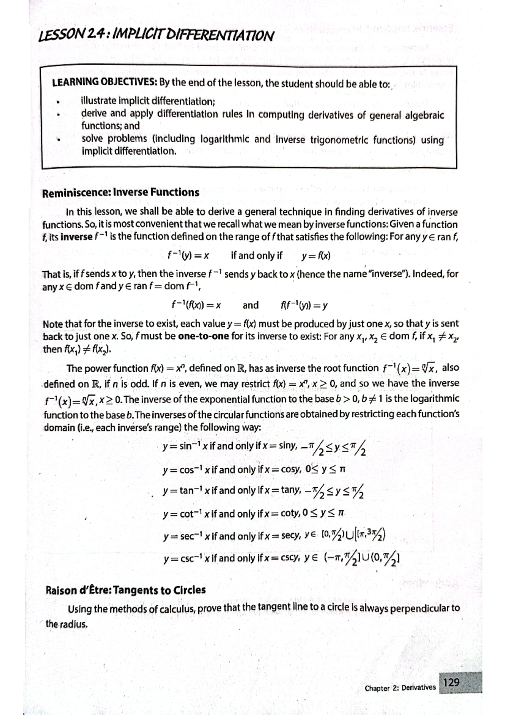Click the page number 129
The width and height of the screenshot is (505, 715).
(x=452, y=682)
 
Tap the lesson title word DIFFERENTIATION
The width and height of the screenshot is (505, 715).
(x=221, y=35)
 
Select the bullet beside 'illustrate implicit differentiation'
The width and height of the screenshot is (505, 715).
(x=62, y=101)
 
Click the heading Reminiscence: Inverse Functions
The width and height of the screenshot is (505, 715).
(x=121, y=192)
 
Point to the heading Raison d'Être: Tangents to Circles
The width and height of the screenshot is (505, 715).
(x=125, y=590)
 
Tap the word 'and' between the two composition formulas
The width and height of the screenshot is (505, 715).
(x=251, y=305)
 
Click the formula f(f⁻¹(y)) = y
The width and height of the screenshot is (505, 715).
(x=303, y=305)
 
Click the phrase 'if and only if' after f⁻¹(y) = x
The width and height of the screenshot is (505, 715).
(x=257, y=256)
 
